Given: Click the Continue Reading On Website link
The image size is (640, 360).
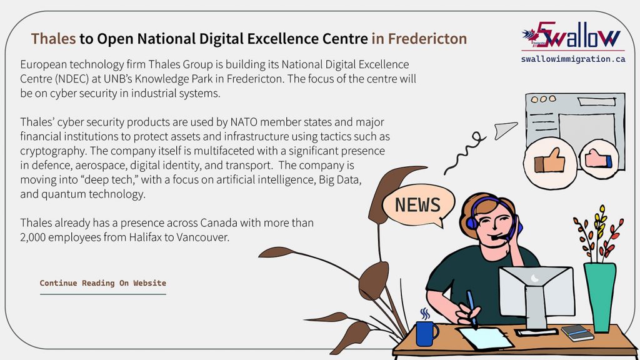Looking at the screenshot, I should pyautogui.click(x=103, y=283).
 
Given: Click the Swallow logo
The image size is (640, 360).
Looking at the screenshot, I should pyautogui.click(x=572, y=37).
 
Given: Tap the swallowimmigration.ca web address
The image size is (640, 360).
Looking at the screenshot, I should pyautogui.click(x=572, y=59).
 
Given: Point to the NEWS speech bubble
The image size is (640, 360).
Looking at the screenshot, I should pyautogui.click(x=418, y=205).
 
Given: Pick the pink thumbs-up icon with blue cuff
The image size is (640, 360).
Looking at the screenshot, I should pyautogui.click(x=599, y=159).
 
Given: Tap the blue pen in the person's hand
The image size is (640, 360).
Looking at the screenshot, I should pyautogui.click(x=469, y=307).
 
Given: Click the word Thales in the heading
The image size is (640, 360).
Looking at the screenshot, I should pyautogui.click(x=54, y=39).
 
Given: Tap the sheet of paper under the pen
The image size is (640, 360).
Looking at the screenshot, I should pyautogui.click(x=485, y=338).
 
